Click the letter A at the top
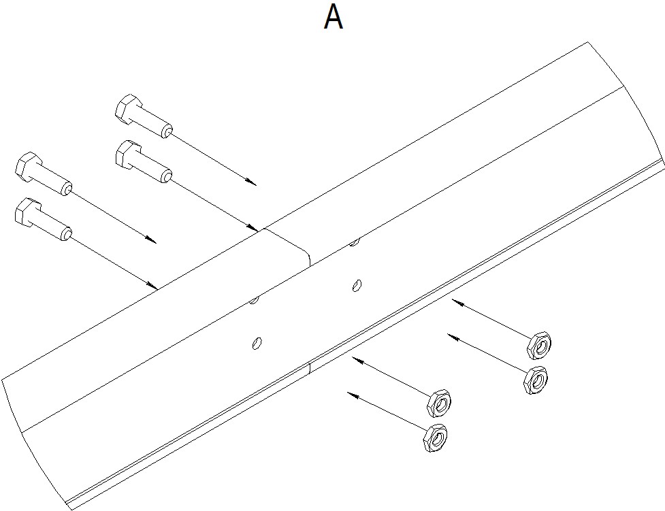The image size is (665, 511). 334,18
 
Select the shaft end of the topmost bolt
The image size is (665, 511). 167,131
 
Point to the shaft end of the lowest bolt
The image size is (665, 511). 66,234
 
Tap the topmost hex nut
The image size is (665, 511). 538,345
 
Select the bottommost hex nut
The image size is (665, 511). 435,438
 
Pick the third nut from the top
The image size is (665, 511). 438,401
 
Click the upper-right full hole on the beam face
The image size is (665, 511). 357,285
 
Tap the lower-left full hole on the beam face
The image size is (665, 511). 257,343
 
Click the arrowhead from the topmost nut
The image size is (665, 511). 457,302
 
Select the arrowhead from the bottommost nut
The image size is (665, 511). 353,395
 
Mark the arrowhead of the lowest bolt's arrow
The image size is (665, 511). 152,284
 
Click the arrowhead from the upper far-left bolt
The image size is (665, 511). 151,240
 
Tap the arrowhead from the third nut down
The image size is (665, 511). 357,361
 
